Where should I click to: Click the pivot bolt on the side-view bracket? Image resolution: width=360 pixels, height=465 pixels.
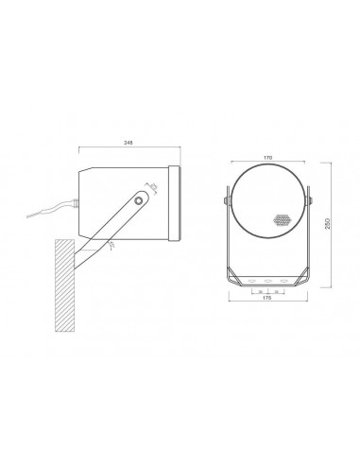coord(140,200)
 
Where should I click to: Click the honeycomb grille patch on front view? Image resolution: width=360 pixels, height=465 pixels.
coord(281,220)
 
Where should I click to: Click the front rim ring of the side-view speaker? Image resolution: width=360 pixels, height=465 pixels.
coord(174,203)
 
